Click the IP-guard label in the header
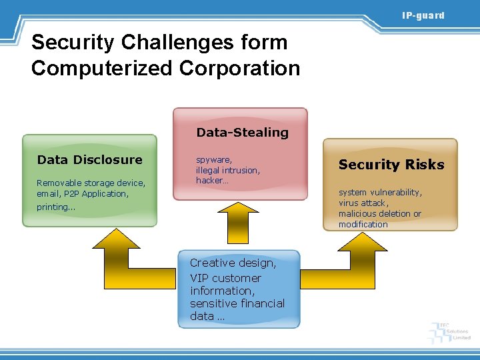click(423, 15)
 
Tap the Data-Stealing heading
click(242, 132)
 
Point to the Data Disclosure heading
click(90, 159)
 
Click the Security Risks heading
click(391, 165)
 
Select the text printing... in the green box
click(56, 207)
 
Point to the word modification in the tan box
click(363, 225)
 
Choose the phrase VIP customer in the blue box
click(225, 278)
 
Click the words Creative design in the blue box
click(233, 263)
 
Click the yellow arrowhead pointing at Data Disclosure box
click(116, 239)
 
